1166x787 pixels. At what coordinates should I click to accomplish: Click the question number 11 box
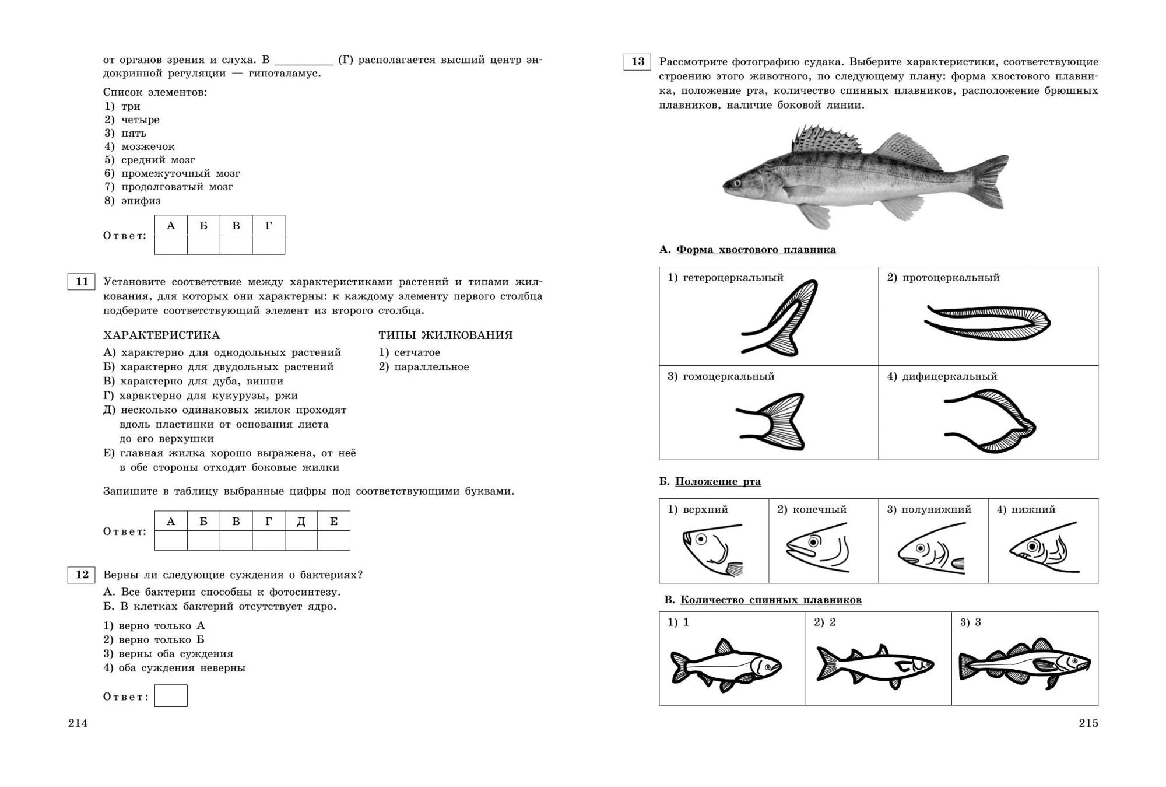point(82,282)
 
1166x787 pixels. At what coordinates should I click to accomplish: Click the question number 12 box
point(82,575)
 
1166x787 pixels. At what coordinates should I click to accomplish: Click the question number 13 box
point(637,62)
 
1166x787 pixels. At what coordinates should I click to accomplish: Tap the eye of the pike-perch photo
point(738,183)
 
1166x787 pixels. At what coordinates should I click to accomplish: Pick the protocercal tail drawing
point(987,322)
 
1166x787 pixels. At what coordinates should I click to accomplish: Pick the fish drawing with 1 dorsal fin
point(726,666)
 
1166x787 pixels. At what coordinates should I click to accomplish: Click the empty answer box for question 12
point(171,696)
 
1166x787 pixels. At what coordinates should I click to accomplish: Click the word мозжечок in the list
point(148,146)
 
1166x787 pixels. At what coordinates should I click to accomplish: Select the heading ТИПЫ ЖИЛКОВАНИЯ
point(445,335)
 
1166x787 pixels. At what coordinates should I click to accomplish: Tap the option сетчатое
point(417,352)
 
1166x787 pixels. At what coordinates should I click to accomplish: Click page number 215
point(1088,723)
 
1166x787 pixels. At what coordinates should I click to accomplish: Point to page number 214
point(78,723)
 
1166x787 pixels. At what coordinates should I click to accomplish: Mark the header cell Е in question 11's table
point(333,521)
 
